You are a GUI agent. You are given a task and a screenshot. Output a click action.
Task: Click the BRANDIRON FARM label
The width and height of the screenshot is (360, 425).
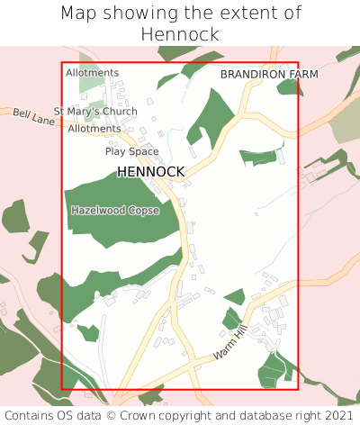coord(269,74)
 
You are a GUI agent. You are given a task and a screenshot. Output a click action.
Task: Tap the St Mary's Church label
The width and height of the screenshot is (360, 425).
coord(95,112)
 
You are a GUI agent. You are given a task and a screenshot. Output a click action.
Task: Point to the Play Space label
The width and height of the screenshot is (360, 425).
coord(131,151)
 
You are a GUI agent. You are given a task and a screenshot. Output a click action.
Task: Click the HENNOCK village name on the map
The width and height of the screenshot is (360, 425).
coord(150,171)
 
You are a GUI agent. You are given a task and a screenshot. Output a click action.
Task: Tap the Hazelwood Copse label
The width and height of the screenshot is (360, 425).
coord(114,210)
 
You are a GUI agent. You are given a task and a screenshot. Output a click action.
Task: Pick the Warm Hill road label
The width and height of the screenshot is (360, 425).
coord(229,345)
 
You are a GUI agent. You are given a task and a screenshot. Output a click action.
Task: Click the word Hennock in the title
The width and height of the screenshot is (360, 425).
coord(180,34)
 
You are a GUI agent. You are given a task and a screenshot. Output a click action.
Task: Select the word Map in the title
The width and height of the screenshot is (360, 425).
coord(80,14)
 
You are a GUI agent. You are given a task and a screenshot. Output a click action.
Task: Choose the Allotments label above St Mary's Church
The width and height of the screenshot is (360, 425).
coord(92,73)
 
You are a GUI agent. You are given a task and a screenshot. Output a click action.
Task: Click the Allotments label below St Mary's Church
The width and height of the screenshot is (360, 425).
coord(94,129)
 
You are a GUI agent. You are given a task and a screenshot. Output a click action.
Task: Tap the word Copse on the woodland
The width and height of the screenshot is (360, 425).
coord(142,210)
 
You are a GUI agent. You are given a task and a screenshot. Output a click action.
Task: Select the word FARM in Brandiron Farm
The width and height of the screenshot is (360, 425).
coord(300,74)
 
